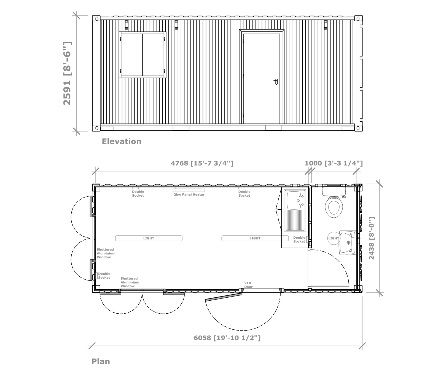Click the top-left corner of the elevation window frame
pos(119,32)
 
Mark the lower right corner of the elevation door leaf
pos(280,123)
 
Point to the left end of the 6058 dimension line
pos(92,346)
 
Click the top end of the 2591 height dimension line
pos(77,15)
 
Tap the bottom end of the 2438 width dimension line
pos(380,293)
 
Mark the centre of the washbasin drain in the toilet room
pos(348,243)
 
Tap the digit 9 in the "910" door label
pos(245,283)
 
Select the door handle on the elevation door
pos(276,81)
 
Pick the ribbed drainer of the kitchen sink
pos(294,220)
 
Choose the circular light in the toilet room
pos(334,238)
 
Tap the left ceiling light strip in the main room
pos(149,238)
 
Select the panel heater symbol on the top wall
pos(189,190)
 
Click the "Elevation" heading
pos(122,141)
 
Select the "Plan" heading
pos(101,361)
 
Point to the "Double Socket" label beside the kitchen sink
pos(299,239)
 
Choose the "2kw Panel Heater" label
pos(189,194)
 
